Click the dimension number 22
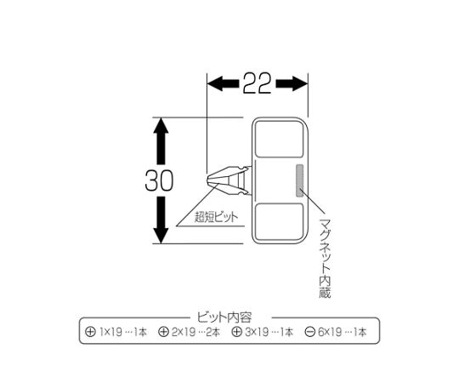tap(257, 83)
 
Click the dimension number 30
tap(159, 180)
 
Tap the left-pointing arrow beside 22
tap(223, 83)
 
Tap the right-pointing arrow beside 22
tap(292, 83)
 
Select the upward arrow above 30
tap(161, 141)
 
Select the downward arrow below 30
tap(161, 220)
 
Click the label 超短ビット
tap(217, 217)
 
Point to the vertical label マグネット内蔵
tap(325, 258)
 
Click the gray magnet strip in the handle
tap(299, 180)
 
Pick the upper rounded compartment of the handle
tap(280, 140)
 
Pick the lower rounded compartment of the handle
tap(280, 222)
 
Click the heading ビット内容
tap(224, 317)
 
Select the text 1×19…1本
tap(123, 332)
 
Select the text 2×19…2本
tap(195, 332)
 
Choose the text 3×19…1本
tap(269, 332)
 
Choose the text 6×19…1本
tap(343, 332)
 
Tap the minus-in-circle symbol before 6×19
tap(310, 332)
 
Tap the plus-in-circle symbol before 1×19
tap(90, 332)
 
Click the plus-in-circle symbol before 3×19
tap(237, 332)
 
